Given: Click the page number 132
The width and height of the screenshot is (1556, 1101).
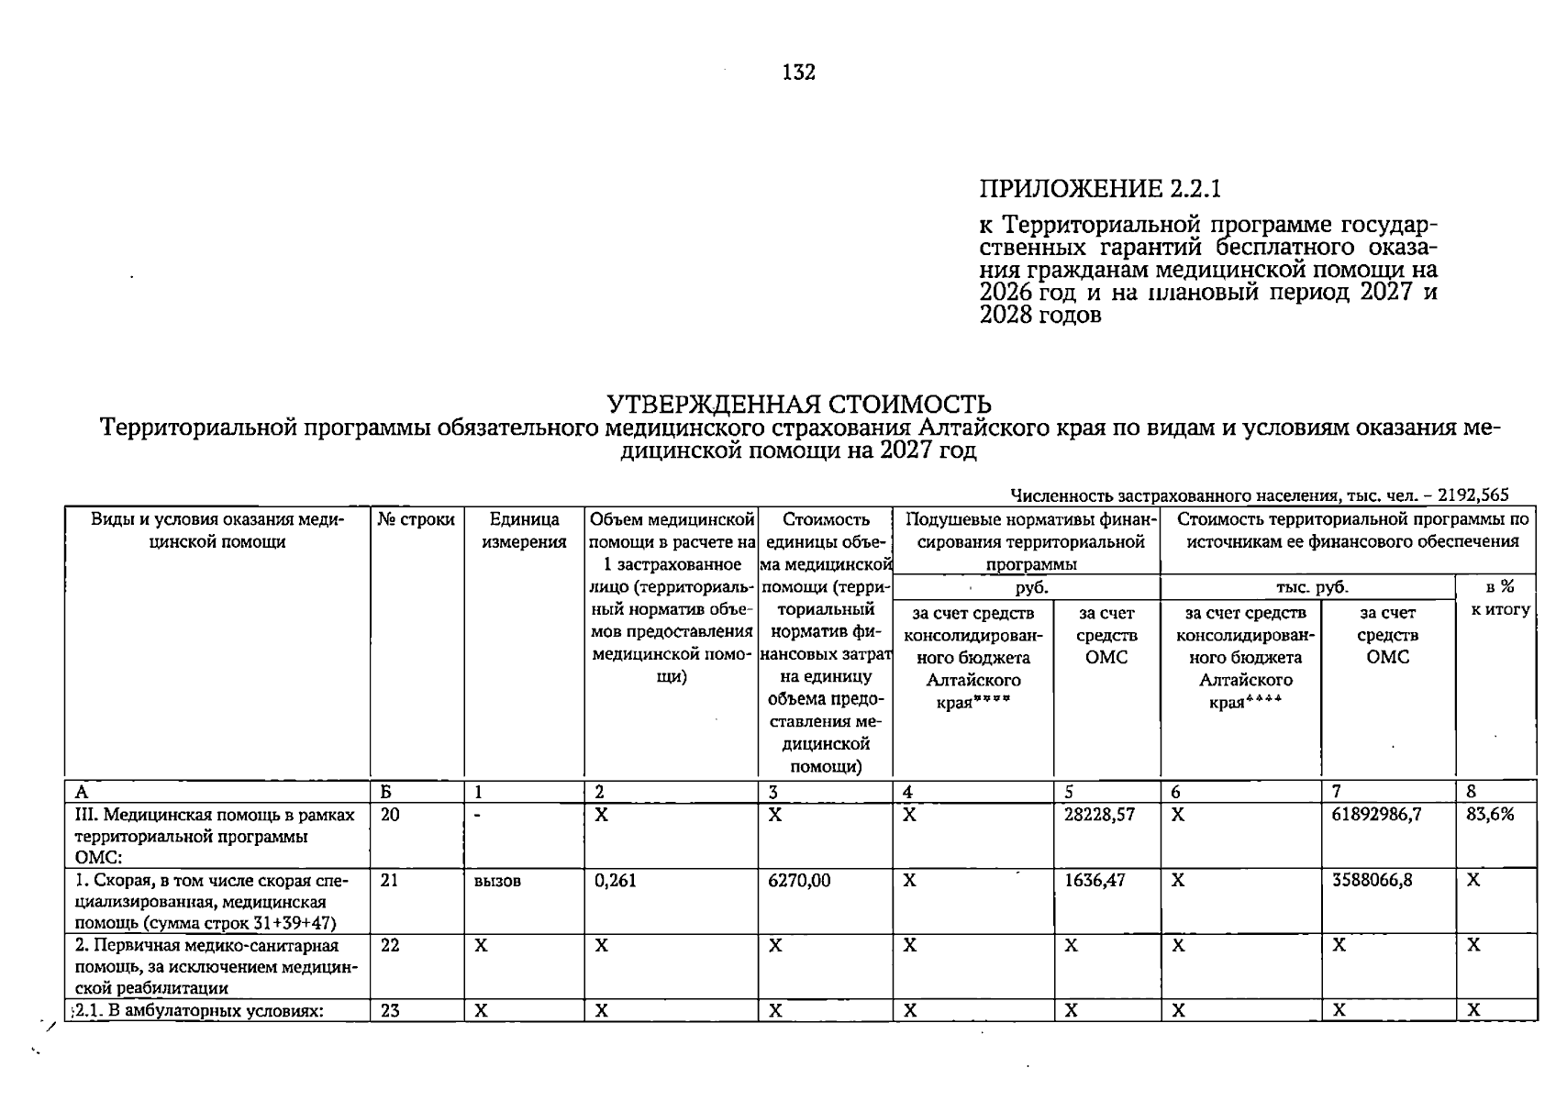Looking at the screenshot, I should tap(799, 72).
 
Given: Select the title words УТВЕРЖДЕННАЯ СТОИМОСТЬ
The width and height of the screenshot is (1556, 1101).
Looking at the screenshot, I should tap(799, 405).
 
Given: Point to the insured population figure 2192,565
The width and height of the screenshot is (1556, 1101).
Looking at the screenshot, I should tap(1473, 495).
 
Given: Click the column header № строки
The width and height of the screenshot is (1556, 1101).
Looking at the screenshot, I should tap(417, 520).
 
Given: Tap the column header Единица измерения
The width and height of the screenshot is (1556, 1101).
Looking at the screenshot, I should tap(524, 531).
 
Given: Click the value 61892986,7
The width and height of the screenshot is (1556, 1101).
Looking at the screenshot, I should tap(1376, 814).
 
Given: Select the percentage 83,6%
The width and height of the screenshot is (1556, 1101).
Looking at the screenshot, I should tap(1490, 814).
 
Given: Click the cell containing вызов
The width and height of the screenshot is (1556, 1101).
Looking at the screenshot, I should tap(497, 881).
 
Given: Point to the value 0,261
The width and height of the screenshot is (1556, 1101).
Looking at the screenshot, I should tap(616, 881).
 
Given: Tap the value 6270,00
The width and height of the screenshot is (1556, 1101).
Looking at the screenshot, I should tap(799, 881).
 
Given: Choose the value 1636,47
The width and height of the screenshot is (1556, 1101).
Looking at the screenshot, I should tap(1095, 881).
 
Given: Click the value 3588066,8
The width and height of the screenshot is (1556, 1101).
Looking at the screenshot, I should tap(1373, 881).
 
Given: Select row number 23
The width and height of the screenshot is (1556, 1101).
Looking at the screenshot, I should tap(390, 1010).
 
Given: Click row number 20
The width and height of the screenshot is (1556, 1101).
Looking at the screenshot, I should tap(390, 814).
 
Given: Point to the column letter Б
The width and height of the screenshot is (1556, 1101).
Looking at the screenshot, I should tap(386, 792).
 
